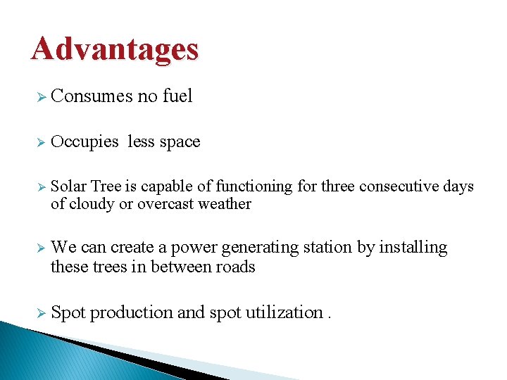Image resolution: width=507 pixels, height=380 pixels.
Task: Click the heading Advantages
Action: [x=115, y=50]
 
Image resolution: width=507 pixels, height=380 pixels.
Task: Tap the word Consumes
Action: [x=92, y=96]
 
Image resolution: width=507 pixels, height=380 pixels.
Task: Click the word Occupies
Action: [x=85, y=142]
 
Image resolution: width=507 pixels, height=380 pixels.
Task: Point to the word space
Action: [x=180, y=142]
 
